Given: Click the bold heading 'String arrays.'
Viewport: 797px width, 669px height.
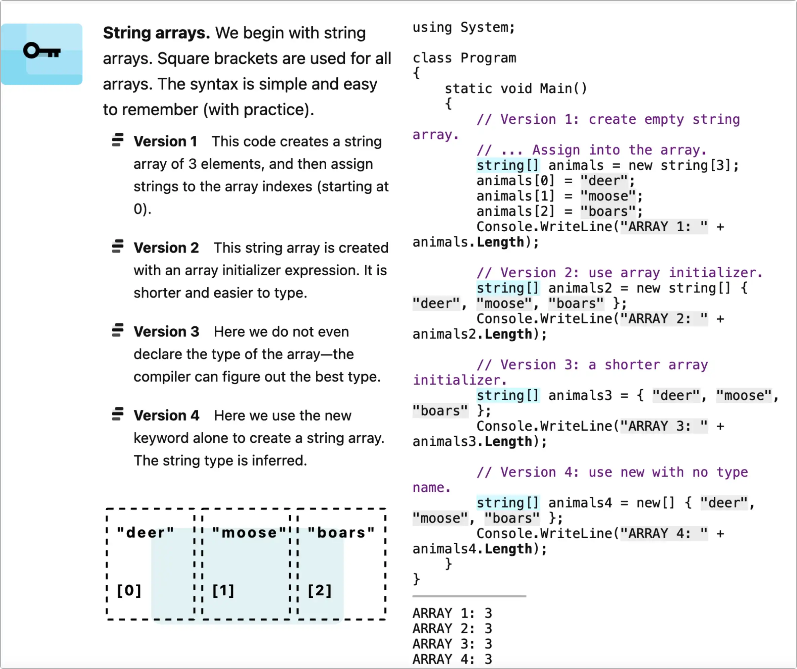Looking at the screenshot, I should point(156,33).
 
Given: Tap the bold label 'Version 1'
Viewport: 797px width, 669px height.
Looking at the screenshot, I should point(165,142).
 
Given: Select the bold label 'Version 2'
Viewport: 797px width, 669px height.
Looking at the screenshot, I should point(166,248).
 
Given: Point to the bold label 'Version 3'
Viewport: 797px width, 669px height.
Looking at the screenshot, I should point(166,332).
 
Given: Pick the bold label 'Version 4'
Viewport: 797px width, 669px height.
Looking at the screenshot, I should point(166,416).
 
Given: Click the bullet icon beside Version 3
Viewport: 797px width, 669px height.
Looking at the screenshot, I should point(118,330).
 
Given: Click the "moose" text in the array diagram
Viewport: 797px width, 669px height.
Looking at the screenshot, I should point(249,533).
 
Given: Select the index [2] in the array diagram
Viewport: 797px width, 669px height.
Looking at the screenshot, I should point(320,590).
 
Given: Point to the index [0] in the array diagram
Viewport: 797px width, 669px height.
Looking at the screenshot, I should point(129,590).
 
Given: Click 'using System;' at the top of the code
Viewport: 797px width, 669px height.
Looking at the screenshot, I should point(463,27).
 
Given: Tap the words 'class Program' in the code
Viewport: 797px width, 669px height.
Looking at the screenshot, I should point(464,58).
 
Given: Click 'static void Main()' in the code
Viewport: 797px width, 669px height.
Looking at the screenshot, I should point(516,89).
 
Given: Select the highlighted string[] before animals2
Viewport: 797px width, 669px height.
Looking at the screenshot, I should point(507,288).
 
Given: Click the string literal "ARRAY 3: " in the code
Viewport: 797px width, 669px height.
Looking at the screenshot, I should point(664,426).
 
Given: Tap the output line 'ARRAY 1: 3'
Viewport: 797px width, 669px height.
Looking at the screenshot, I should point(452,613).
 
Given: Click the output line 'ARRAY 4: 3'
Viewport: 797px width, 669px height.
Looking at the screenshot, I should point(452,660).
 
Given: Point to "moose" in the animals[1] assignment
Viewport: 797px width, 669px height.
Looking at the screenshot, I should point(607,196).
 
